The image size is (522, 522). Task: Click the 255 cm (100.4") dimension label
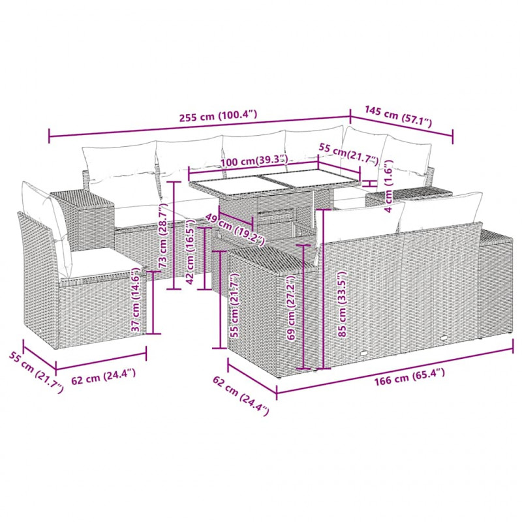tap(218, 116)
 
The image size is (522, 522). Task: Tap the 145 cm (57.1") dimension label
tap(398, 116)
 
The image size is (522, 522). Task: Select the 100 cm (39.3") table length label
tap(254, 161)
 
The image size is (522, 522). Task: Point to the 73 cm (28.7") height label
tap(164, 236)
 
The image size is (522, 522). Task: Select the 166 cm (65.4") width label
tap(409, 376)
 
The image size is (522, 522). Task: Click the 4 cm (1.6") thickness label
tap(388, 186)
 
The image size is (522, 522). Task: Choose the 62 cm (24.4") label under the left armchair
tap(104, 376)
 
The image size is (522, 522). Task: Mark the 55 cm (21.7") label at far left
tap(36, 373)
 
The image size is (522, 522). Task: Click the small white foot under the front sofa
tap(365, 353)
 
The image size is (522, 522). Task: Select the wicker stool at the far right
tap(495, 285)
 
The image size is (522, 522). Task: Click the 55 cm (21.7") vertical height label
tap(235, 305)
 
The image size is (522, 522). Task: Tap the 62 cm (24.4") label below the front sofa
tap(241, 396)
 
